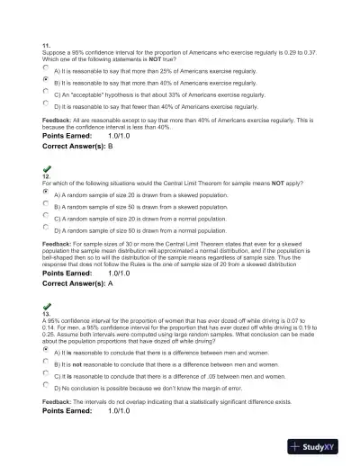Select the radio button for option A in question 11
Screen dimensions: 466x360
pos(46,67)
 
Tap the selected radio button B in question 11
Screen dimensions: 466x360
pos(46,79)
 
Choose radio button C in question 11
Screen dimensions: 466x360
pos(46,92)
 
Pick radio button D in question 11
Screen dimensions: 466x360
pos(46,103)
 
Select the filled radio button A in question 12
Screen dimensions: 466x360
pos(46,193)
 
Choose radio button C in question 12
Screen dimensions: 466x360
pos(46,217)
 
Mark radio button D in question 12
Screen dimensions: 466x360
pos(46,229)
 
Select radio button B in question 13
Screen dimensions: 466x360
pos(46,363)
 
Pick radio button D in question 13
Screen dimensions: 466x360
pos(46,387)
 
